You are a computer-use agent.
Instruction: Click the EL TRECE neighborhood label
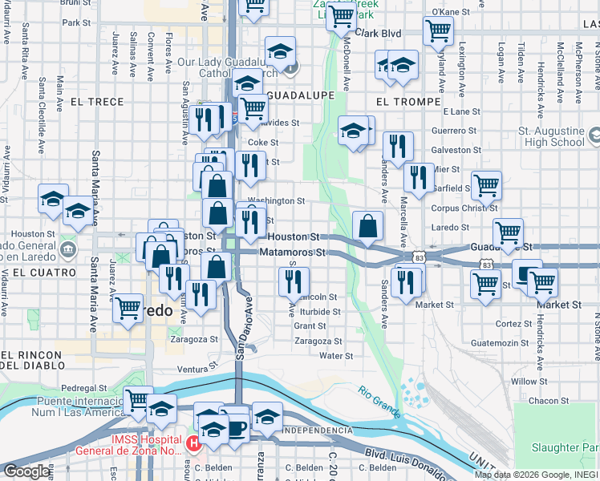(x=97, y=102)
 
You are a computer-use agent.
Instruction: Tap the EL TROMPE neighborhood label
(x=407, y=102)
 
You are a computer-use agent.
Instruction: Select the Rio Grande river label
(x=379, y=401)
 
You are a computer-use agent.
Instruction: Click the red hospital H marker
(x=193, y=443)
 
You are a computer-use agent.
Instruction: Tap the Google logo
(x=26, y=471)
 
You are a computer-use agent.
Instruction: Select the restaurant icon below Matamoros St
(x=294, y=281)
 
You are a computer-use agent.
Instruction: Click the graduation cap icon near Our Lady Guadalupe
(x=280, y=51)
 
